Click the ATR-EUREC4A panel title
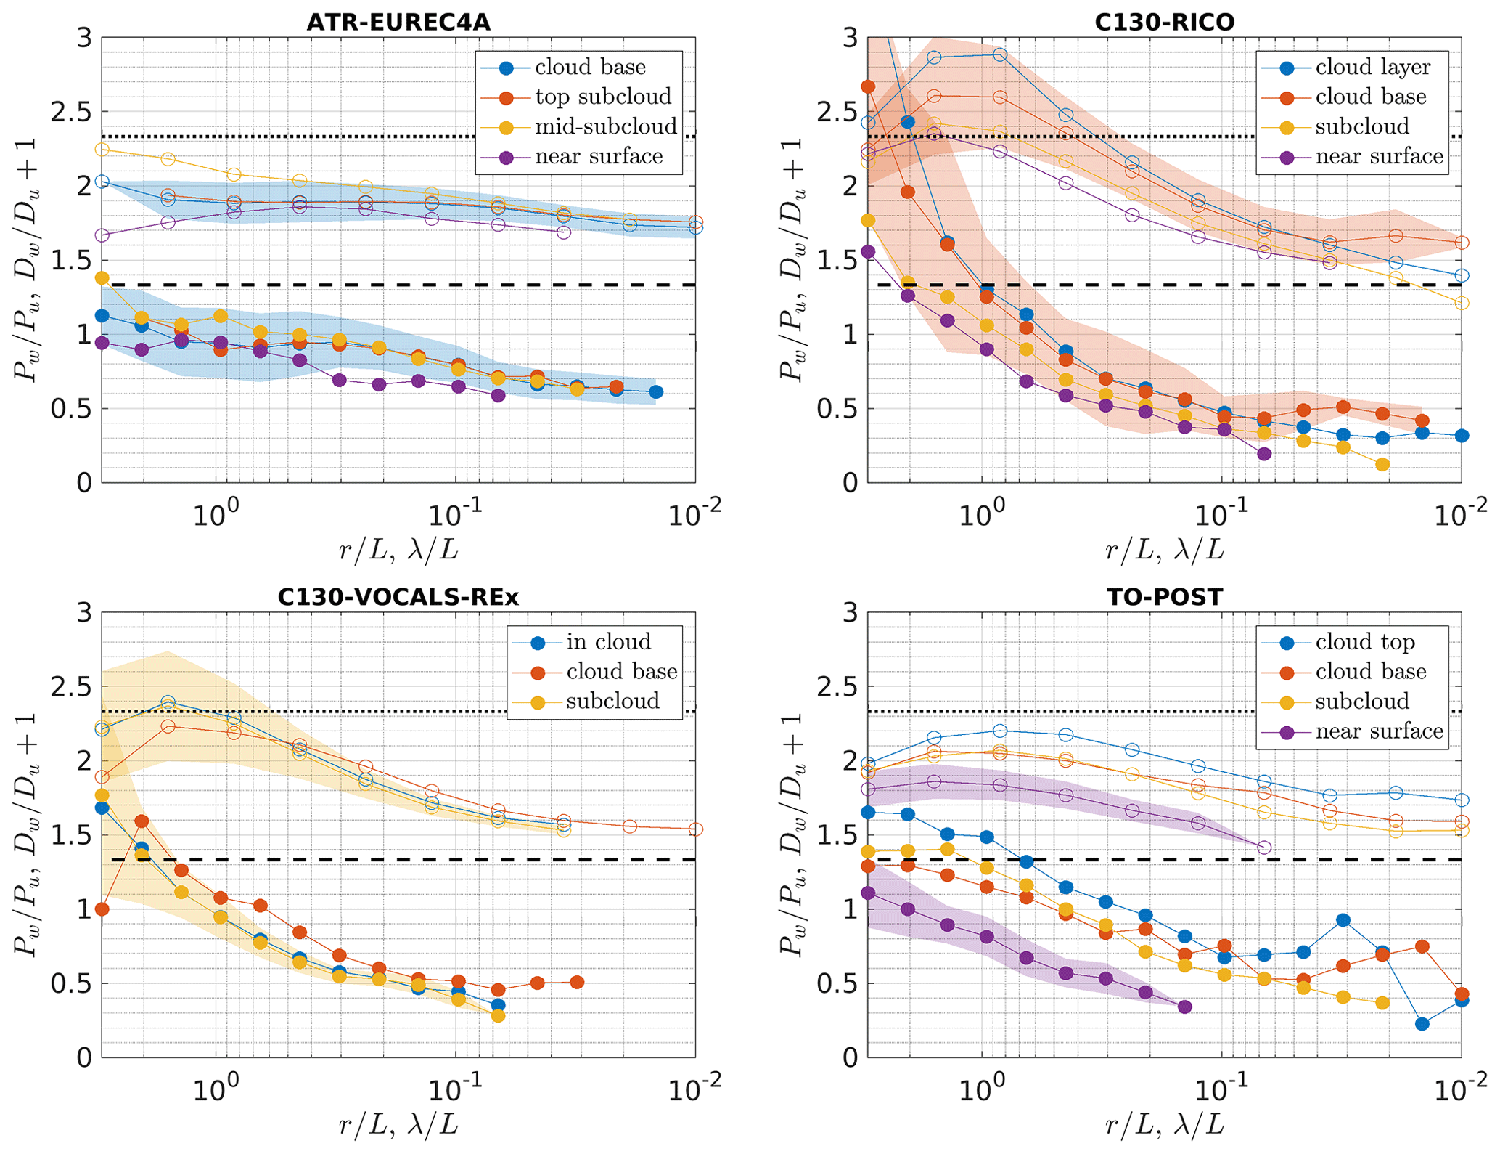pos(398,23)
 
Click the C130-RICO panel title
pos(1164,23)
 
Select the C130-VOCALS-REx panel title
pos(398,597)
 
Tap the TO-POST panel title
pos(1164,597)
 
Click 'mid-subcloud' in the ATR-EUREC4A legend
pos(605,126)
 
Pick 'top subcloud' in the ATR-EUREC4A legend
pos(603,97)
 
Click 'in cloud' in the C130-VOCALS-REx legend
pos(609,642)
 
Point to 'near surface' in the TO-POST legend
pos(1379,731)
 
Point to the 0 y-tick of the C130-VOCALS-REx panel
pos(85,1058)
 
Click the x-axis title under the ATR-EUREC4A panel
pos(398,550)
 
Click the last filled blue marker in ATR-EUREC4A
pos(655,392)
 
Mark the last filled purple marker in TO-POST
pos(1184,1007)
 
